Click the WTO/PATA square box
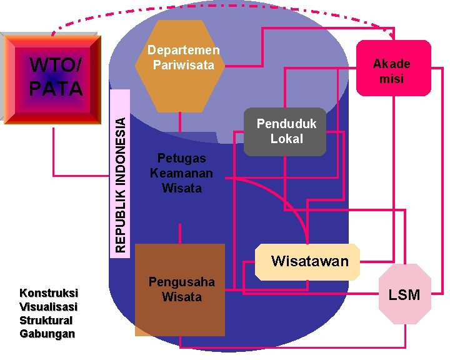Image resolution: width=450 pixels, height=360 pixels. click(52, 79)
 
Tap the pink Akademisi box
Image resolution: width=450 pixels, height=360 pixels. click(392, 69)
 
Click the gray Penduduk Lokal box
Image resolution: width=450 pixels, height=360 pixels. click(285, 131)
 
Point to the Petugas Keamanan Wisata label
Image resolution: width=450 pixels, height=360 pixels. click(181, 172)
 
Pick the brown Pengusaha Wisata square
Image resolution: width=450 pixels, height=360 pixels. click(181, 290)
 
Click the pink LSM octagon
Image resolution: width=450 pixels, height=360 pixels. click(404, 294)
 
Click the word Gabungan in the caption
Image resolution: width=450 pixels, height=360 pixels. click(47, 333)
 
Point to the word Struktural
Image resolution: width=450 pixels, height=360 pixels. click(46, 320)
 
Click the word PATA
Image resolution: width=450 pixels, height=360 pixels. click(56, 89)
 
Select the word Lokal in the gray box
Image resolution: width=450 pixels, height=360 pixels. click(287, 138)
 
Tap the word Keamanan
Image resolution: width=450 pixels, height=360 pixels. click(181, 173)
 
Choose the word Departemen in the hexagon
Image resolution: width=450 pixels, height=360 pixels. click(183, 51)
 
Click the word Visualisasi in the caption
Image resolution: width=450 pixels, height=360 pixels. click(49, 306)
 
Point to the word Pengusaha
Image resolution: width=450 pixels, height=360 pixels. click(181, 282)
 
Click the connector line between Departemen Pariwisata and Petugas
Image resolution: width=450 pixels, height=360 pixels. click(181, 122)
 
